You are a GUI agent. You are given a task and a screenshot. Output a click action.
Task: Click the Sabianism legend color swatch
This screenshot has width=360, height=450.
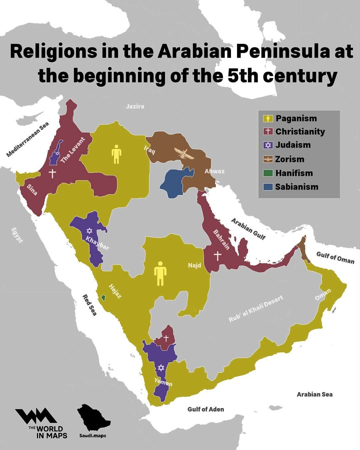268,187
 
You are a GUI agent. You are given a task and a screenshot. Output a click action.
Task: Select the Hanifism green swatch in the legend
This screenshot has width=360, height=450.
268,173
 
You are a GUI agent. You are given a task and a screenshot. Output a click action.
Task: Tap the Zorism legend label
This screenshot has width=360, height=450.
290,159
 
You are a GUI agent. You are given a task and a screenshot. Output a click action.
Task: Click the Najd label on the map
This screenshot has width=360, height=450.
195,265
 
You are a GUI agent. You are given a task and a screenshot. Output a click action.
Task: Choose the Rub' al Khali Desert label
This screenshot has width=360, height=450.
256,309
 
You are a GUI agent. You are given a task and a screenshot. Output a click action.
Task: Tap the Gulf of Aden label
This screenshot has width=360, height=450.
206,409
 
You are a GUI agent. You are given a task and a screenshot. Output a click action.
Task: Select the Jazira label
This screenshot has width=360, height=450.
135,106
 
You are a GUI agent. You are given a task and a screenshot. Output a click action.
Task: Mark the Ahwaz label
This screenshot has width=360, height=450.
214,171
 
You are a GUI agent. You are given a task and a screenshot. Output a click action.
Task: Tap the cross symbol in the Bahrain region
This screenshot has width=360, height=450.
217,256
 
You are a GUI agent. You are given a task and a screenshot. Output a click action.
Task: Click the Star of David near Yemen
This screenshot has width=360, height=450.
161,368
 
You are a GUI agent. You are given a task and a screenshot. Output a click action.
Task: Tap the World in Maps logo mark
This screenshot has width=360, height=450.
35,417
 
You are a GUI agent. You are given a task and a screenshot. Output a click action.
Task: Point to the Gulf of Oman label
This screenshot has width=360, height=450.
335,257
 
